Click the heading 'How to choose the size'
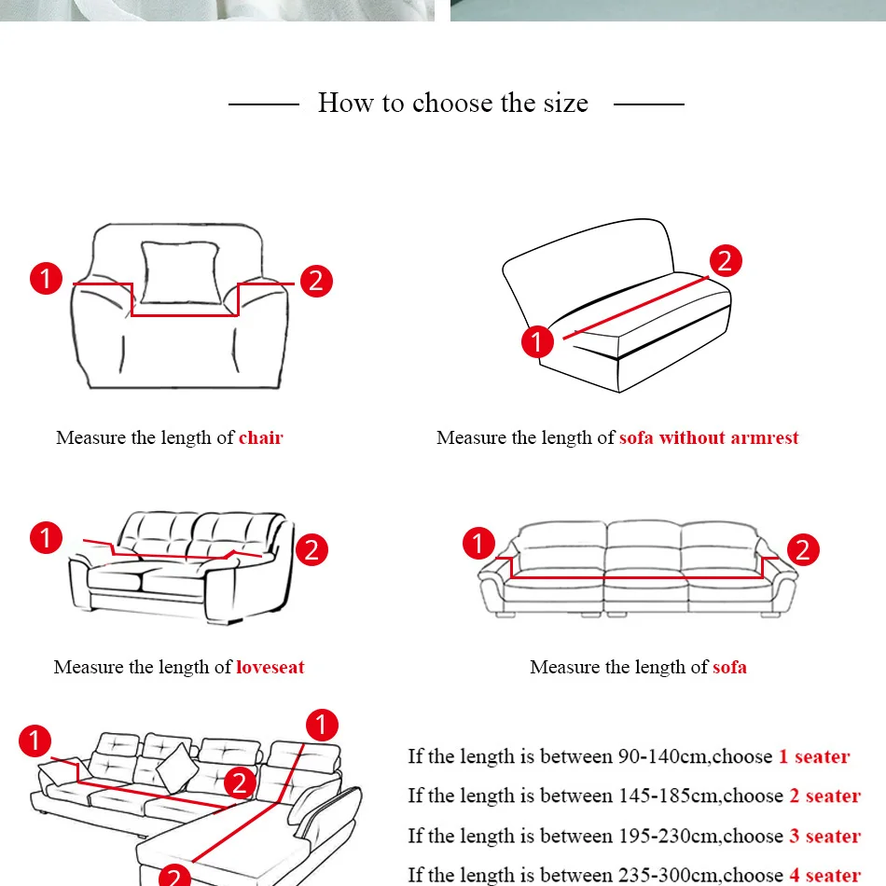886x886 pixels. [x=453, y=103]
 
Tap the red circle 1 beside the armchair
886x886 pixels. [x=47, y=278]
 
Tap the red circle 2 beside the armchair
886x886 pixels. [x=316, y=281]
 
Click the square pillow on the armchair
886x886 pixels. [x=180, y=272]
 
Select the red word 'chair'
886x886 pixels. [x=261, y=437]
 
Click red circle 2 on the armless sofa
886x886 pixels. [x=726, y=260]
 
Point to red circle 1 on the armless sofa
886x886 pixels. [x=537, y=341]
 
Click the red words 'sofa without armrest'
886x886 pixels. [x=709, y=437]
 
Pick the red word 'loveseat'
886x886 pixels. [x=270, y=667]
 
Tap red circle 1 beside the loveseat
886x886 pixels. [x=47, y=537]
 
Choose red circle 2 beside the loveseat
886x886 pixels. [x=311, y=549]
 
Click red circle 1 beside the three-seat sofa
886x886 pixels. [x=478, y=543]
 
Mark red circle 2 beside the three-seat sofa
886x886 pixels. [x=803, y=549]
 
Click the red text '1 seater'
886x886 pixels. [x=814, y=756]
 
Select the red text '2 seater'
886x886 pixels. [x=825, y=796]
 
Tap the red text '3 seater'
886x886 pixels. [x=825, y=836]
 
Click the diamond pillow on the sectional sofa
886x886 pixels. [x=177, y=768]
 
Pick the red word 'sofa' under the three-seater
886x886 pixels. [x=729, y=667]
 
